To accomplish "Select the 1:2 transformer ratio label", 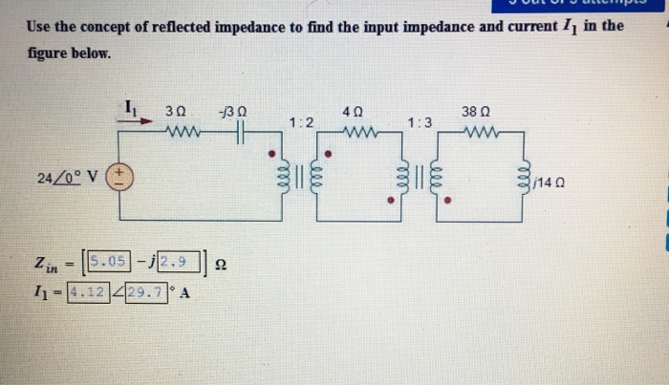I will [x=301, y=122].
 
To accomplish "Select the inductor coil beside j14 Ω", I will [x=524, y=180].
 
